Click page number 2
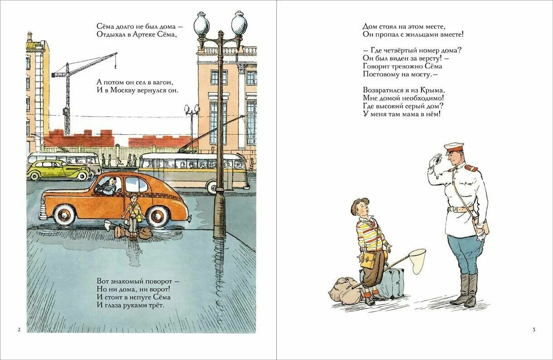pyautogui.click(x=19, y=330)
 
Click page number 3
pyautogui.click(x=534, y=330)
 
